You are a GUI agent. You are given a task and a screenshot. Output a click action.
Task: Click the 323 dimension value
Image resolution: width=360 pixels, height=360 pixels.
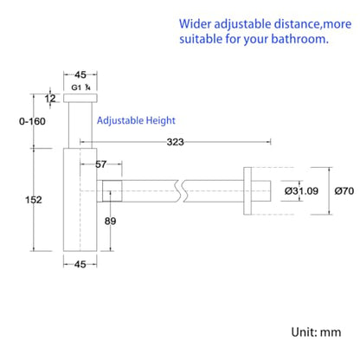[175, 142]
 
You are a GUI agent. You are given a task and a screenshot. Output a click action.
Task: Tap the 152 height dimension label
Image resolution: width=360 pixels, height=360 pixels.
[34, 200]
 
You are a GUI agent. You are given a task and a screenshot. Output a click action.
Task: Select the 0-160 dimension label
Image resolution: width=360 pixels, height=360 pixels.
[32, 121]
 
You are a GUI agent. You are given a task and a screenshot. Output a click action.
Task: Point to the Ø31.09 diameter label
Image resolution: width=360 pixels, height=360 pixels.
[301, 190]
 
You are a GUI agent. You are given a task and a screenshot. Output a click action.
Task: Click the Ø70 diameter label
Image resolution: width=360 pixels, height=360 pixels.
[344, 190]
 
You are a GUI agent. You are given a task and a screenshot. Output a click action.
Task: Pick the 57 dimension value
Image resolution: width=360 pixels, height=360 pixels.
[100, 164]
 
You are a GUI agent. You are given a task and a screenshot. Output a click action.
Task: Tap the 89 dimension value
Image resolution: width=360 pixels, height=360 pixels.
[110, 221]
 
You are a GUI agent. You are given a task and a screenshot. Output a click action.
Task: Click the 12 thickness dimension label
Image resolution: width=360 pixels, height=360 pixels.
[50, 99]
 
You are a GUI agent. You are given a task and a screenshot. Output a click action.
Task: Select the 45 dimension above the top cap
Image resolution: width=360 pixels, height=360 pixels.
[80, 74]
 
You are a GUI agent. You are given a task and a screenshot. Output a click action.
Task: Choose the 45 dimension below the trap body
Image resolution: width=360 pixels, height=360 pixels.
[80, 264]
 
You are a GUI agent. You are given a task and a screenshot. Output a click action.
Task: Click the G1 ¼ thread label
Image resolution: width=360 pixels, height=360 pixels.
[80, 87]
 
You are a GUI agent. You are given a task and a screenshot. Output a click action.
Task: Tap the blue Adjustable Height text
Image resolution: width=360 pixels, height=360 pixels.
[136, 120]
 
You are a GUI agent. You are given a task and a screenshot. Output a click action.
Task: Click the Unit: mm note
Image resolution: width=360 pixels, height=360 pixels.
[316, 332]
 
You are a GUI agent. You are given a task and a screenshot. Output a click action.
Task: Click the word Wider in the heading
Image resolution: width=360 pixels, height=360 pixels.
[195, 24]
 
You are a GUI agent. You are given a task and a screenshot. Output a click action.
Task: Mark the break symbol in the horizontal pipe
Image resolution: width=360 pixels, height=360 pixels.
[179, 191]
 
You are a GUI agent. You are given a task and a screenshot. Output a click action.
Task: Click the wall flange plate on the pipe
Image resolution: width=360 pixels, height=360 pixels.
[247, 191]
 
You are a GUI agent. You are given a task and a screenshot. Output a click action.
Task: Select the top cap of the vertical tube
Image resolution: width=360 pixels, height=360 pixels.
[80, 98]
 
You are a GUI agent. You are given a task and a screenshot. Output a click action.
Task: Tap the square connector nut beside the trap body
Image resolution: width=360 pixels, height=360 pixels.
[112, 191]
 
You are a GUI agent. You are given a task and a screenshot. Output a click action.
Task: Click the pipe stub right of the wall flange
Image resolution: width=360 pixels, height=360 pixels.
[261, 191]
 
